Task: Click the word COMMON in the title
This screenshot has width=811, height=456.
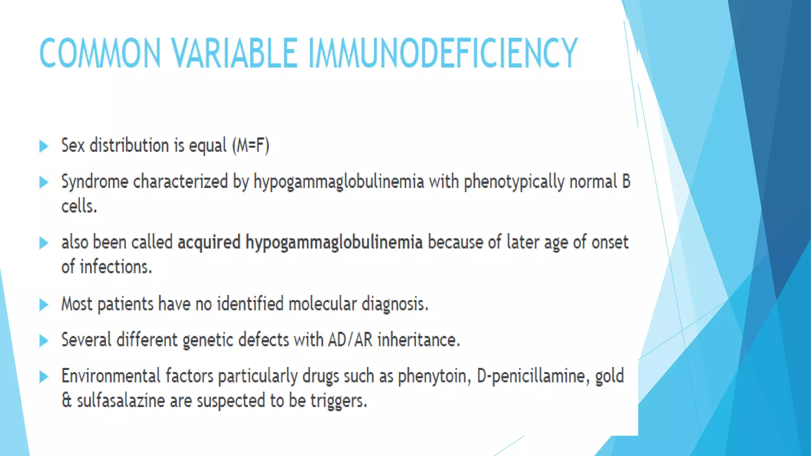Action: coord(100,53)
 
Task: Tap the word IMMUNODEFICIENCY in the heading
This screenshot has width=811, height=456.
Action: coord(442,53)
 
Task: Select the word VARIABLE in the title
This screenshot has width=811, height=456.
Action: coord(234,53)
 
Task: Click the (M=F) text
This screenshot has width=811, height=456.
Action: coord(251,146)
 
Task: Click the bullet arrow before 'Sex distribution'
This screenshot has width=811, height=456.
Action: coord(44,146)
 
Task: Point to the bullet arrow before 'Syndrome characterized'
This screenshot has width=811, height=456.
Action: coord(44,182)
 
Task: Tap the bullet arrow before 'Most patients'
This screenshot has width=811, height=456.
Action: coord(44,305)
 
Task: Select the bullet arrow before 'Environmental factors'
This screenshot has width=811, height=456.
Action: coord(44,377)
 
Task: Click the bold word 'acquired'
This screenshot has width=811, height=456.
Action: coord(209,242)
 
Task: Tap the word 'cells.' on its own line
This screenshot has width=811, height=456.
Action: coord(79,206)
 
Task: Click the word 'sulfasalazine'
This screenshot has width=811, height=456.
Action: coord(121,401)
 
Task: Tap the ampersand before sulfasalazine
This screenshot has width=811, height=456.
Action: coord(66,401)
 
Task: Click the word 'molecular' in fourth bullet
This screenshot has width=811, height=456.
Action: coord(322,304)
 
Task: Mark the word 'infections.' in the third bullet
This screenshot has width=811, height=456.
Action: coord(116,267)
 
